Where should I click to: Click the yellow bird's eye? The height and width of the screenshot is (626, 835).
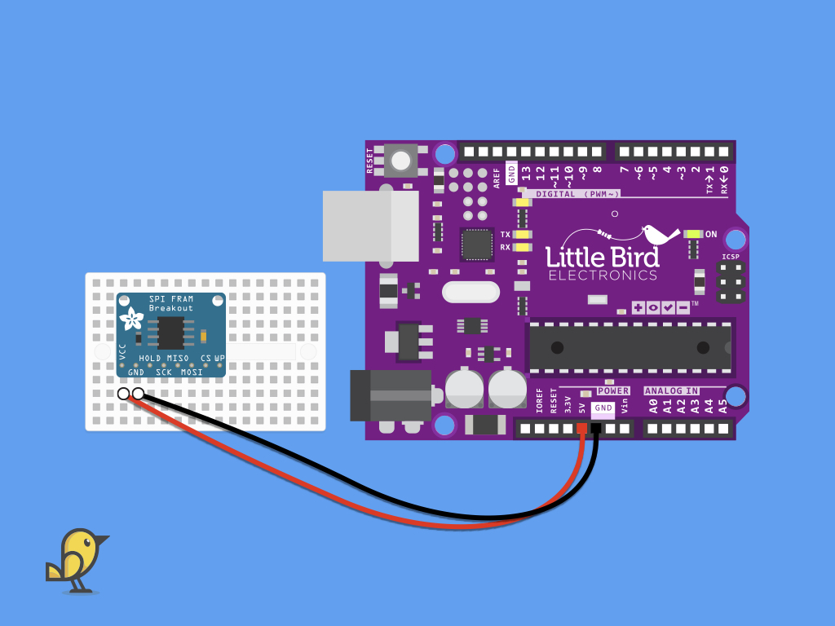tap(86, 542)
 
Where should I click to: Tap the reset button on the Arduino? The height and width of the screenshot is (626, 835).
tap(400, 161)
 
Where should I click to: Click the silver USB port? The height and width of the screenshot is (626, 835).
tap(371, 227)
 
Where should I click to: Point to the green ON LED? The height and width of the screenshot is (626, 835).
tap(693, 234)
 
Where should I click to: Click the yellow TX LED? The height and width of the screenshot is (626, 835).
tap(523, 234)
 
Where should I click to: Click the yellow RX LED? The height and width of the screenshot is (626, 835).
tap(523, 247)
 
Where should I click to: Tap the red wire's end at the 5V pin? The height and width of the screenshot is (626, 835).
tap(581, 428)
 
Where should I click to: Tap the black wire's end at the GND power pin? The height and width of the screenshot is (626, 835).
tap(596, 428)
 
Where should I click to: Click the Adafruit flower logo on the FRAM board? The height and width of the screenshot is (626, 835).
tap(131, 319)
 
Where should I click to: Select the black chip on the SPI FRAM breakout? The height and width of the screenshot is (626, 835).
tap(171, 333)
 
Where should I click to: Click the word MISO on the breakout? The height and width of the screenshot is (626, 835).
tap(178, 359)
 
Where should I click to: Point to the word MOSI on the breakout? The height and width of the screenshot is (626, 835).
tap(192, 372)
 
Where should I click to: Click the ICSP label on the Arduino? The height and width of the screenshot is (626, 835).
tap(731, 257)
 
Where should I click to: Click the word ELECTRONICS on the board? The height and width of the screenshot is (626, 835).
tap(603, 276)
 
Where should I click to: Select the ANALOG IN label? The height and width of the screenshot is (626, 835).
tap(672, 390)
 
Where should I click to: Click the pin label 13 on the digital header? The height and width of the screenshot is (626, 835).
tap(526, 174)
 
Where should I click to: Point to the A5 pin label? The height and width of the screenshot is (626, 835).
tap(722, 407)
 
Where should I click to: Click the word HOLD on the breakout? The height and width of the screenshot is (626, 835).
tap(150, 359)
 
